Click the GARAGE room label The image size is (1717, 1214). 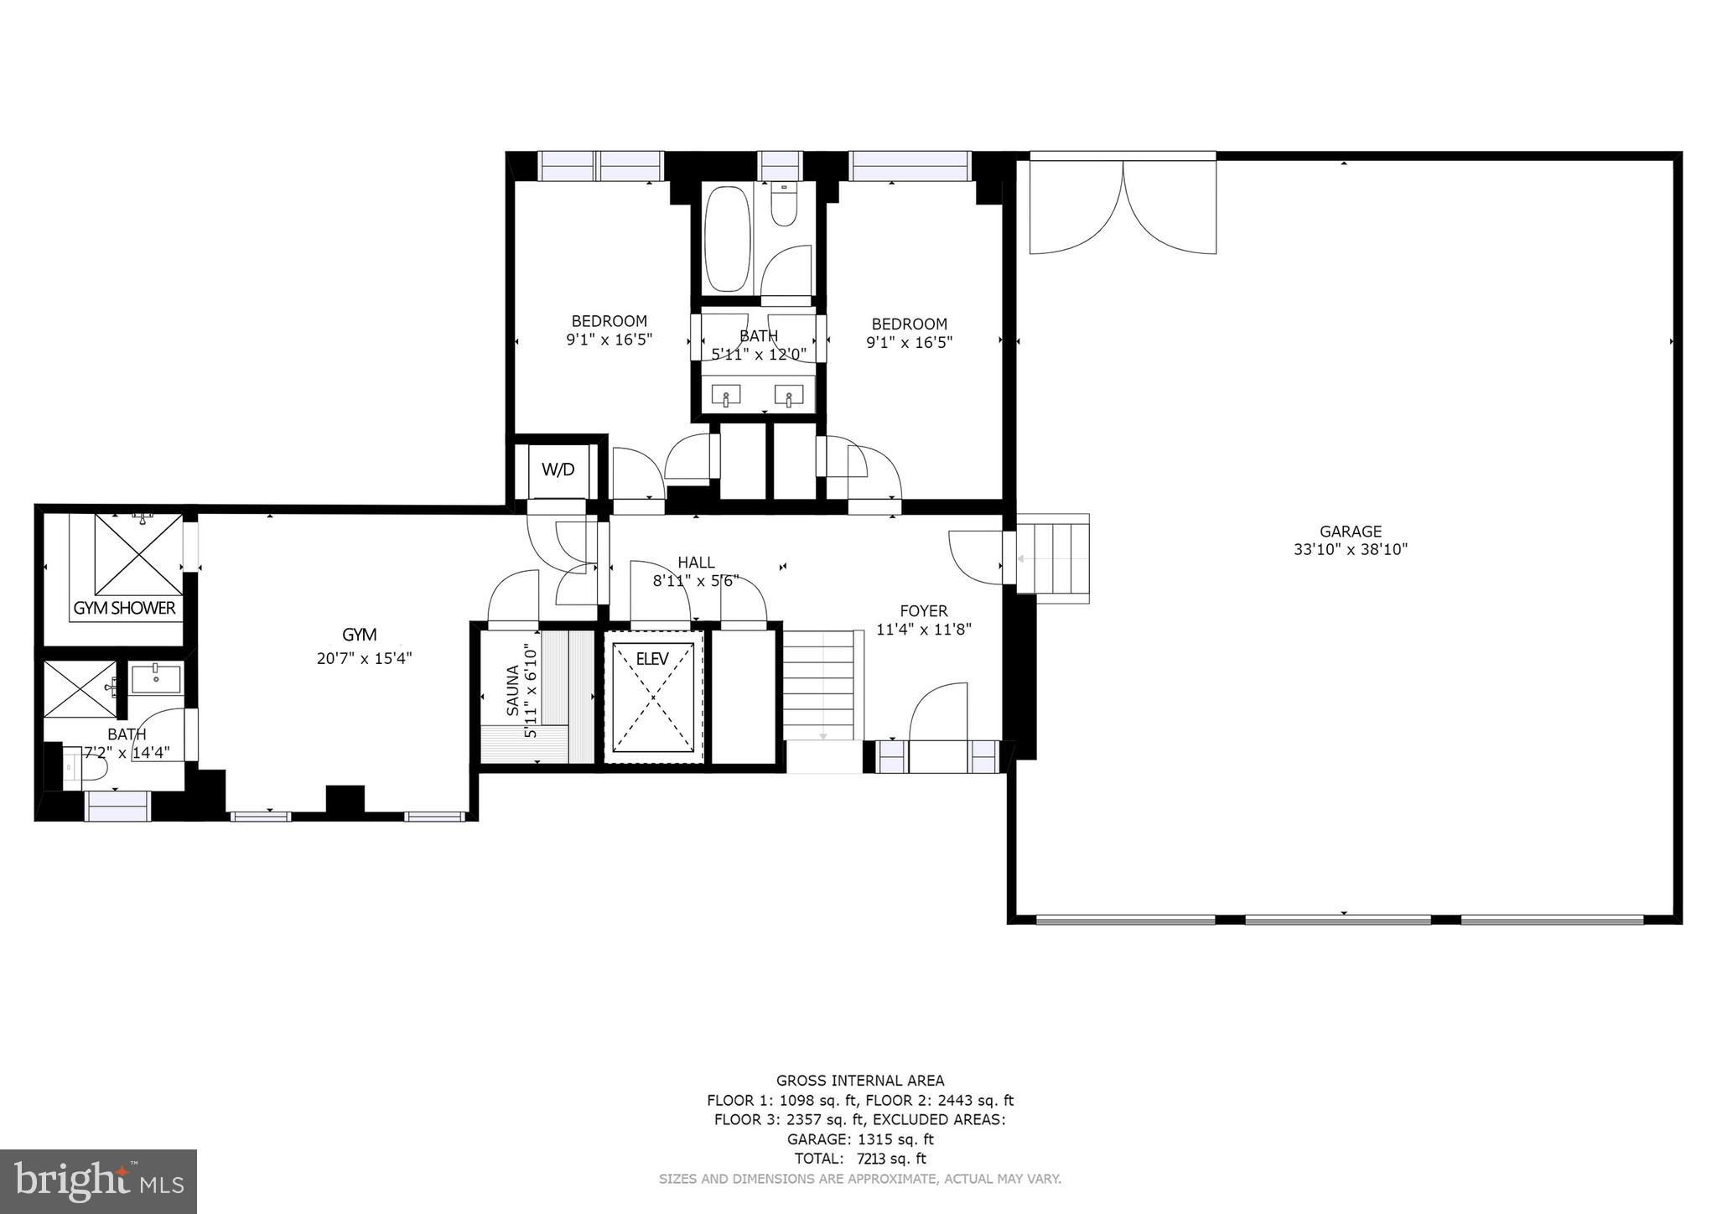[1350, 531]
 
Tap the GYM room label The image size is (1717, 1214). [359, 635]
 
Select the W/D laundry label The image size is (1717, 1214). [558, 470]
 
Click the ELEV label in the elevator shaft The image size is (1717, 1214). [652, 659]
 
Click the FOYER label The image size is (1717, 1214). [923, 611]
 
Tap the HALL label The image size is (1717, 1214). [696, 563]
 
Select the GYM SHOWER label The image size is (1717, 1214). [125, 608]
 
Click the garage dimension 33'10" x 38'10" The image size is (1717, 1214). [1350, 550]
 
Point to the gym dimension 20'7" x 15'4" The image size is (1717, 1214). [364, 659]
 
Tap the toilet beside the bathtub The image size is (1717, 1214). [785, 206]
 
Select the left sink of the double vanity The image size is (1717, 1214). [726, 395]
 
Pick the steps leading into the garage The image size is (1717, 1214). [1052, 558]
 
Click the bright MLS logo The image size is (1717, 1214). [99, 1181]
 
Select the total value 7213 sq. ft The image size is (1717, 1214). [891, 1159]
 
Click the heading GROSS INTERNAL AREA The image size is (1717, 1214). [860, 1081]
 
